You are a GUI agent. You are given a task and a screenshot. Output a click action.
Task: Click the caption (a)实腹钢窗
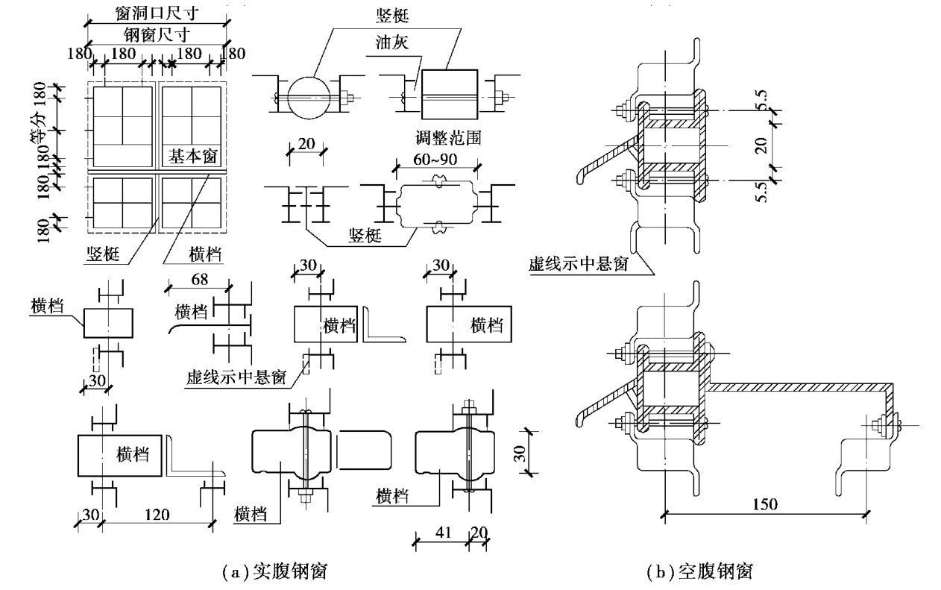276,572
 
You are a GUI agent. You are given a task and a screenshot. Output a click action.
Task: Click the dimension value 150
764,504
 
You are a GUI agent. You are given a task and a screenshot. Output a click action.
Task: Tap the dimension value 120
157,515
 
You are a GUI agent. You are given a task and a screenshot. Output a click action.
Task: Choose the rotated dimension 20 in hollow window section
761,144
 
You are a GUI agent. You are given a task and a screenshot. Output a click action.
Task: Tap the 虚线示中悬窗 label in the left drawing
236,377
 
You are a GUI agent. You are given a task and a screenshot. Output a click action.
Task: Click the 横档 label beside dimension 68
189,310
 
